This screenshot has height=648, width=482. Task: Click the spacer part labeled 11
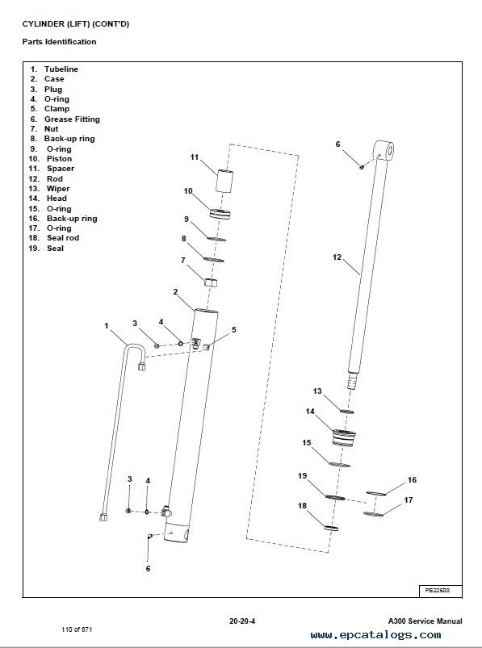click(224, 180)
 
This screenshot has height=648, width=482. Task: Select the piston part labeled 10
click(220, 214)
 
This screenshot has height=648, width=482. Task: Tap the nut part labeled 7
click(211, 282)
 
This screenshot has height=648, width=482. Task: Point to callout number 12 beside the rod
click(337, 257)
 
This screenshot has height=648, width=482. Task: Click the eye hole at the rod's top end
click(388, 150)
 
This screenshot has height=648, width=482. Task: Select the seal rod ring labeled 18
click(331, 528)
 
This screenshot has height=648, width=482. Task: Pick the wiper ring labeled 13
click(346, 412)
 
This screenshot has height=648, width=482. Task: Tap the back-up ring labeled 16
click(375, 493)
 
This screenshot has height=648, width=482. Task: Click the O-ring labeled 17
click(373, 515)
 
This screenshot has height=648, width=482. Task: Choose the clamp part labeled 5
click(207, 347)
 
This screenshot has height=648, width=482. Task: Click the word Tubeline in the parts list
click(61, 69)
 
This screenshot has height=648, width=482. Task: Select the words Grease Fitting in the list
click(72, 119)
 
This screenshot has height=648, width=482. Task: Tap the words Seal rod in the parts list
click(63, 238)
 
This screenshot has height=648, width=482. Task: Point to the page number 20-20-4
click(242, 621)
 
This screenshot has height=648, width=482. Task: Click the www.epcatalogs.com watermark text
click(375, 634)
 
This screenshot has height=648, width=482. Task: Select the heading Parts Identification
click(59, 42)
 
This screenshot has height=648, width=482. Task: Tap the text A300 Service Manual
click(425, 621)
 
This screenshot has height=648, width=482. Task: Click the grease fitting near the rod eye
click(362, 167)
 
